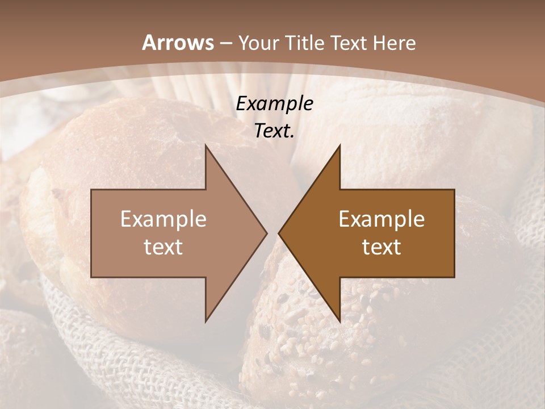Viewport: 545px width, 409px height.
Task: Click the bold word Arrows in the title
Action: coord(178,43)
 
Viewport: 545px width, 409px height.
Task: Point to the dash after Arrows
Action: coord(227,43)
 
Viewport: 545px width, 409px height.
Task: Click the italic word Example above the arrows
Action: coord(275,104)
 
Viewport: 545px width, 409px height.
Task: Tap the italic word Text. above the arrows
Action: coord(275,131)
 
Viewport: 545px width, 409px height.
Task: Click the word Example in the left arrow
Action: coord(163,219)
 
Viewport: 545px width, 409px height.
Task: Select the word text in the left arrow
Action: coord(163,247)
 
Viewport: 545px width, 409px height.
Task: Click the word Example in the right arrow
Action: coord(381,219)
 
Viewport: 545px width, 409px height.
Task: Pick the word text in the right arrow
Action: coord(381,247)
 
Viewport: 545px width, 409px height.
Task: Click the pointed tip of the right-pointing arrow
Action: coord(267,233)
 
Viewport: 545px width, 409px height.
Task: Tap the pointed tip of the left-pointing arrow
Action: coord(278,233)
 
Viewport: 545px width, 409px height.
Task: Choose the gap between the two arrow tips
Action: coord(273,233)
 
